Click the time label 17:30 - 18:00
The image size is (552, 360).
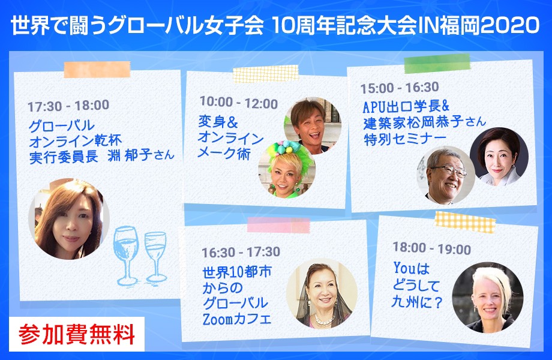pos(68,106)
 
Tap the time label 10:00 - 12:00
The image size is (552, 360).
pos(239,103)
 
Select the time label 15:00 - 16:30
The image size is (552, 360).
pos(400,88)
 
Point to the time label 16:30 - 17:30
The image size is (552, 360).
pos(241,252)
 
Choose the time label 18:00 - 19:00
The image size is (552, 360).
pos(432,248)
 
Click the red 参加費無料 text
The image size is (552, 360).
pos(77,334)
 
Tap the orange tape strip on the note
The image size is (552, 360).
pos(97,70)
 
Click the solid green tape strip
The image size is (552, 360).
pos(437,64)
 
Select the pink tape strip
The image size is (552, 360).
pos(278,225)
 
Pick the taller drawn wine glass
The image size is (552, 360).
pos(125,254)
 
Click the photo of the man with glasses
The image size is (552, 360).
pos(446,175)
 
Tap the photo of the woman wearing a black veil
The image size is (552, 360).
pos(322,293)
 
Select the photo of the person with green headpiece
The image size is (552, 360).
pos(287,169)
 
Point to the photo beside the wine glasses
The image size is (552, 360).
pos(69,219)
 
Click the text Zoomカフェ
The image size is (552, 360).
pos(237,319)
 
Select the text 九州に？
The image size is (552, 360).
pos(417,302)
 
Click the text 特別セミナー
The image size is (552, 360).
pos(405,139)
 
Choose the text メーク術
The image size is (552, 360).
pos(224,154)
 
